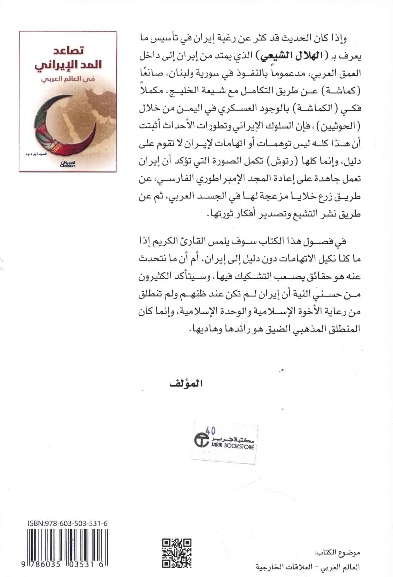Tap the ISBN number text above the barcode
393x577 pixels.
click(x=67, y=524)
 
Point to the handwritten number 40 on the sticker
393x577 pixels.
click(x=210, y=430)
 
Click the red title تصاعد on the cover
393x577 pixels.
click(x=67, y=51)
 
